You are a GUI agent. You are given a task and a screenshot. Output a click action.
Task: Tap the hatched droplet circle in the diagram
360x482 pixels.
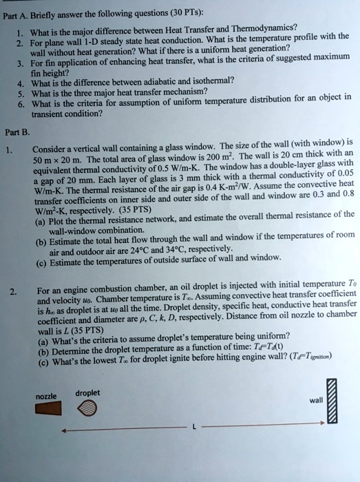(93, 410)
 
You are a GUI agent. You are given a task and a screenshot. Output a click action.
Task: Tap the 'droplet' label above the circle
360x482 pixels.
(89, 393)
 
